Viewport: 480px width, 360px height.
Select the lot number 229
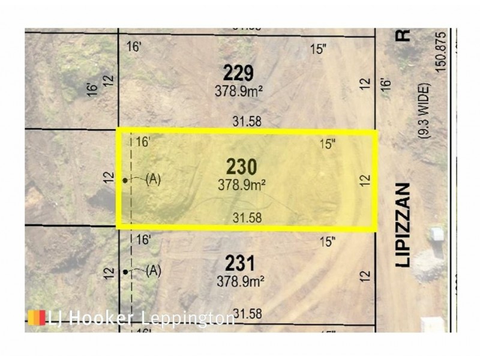[x=238, y=74]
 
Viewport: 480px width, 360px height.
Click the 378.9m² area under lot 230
[x=241, y=185]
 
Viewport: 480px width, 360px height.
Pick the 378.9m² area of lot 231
[x=241, y=280]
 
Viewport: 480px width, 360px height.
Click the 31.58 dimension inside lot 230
[x=247, y=218]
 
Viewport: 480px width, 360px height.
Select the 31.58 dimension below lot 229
[x=247, y=121]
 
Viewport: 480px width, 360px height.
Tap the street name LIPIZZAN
[x=403, y=224]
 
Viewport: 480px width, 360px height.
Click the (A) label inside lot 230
[x=153, y=179]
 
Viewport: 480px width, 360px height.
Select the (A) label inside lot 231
[x=153, y=271]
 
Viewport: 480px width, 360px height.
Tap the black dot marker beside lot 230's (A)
[x=125, y=180]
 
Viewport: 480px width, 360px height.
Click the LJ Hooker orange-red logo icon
[x=37, y=317]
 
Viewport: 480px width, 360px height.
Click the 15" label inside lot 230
[x=327, y=144]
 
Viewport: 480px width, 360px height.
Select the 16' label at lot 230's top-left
[x=142, y=142]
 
